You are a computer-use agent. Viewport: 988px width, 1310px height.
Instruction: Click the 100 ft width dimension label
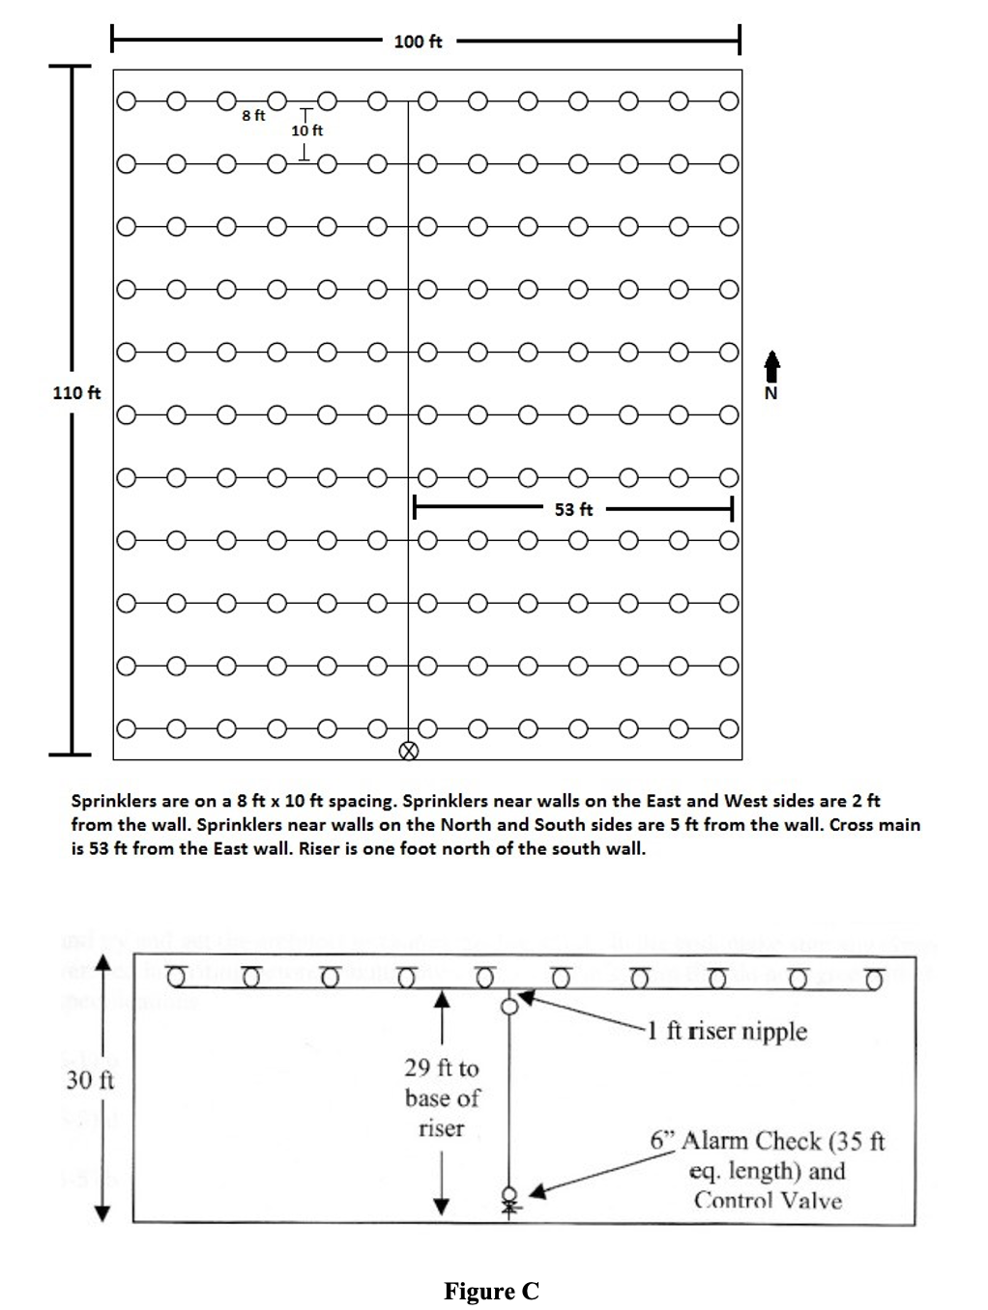click(x=418, y=42)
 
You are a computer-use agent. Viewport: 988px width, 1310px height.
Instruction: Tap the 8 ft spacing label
click(x=253, y=115)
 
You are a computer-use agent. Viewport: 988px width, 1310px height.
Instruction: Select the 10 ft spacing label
click(x=307, y=129)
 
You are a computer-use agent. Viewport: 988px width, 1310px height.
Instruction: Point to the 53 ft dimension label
click(x=573, y=508)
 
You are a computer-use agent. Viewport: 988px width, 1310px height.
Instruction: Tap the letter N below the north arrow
click(x=770, y=393)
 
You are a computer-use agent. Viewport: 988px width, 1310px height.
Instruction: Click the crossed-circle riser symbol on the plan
click(x=409, y=751)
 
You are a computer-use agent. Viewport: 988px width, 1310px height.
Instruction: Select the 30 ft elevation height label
click(x=90, y=1080)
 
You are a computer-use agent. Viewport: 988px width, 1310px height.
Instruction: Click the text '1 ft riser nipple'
click(x=726, y=1031)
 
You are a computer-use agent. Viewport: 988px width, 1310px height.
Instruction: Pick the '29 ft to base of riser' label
click(x=442, y=1097)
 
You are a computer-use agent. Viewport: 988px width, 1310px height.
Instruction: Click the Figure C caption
click(x=491, y=1291)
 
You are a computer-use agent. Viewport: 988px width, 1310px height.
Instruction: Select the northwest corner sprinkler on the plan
click(x=124, y=100)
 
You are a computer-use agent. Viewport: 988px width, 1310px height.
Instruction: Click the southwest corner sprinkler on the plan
click(x=124, y=727)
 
